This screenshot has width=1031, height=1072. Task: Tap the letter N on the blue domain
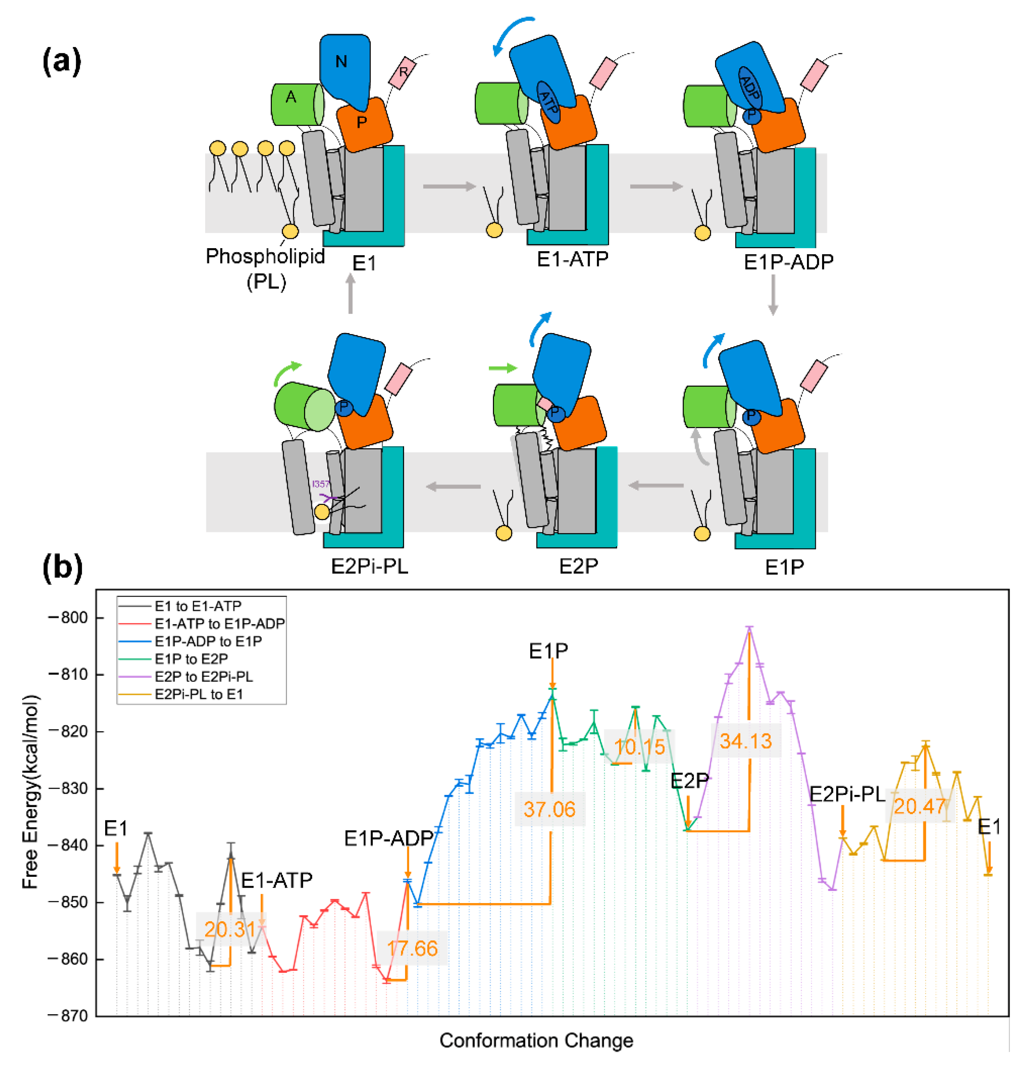tap(341, 62)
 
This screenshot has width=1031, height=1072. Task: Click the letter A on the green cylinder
tap(291, 97)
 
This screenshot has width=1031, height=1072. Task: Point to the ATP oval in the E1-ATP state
tap(548, 102)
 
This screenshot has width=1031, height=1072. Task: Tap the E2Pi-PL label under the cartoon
tap(370, 566)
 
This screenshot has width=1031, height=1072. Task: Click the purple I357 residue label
tap(321, 484)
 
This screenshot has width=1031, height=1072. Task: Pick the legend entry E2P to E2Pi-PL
tap(203, 676)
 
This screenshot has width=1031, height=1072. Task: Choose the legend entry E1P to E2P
tap(191, 659)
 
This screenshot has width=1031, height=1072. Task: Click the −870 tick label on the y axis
tap(69, 1016)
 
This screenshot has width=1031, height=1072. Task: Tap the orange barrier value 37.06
tap(550, 809)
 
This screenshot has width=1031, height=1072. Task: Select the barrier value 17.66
tap(412, 948)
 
